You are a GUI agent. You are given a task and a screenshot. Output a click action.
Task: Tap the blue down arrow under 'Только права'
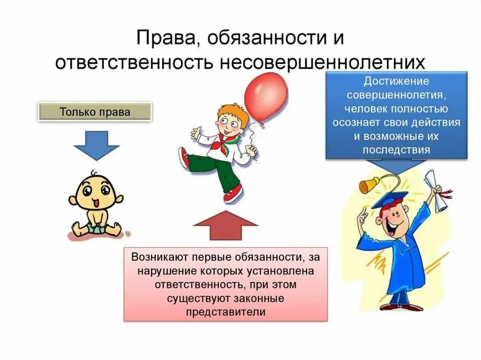pyautogui.click(x=97, y=145)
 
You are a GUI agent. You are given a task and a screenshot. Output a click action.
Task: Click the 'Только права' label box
pyautogui.click(x=94, y=112)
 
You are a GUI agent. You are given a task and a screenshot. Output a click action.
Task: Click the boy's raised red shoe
pyautogui.click(x=184, y=157)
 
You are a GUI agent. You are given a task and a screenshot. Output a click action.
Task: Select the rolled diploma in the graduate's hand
pyautogui.click(x=435, y=191)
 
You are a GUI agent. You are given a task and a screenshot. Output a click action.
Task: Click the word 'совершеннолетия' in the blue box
pyautogui.click(x=396, y=95)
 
